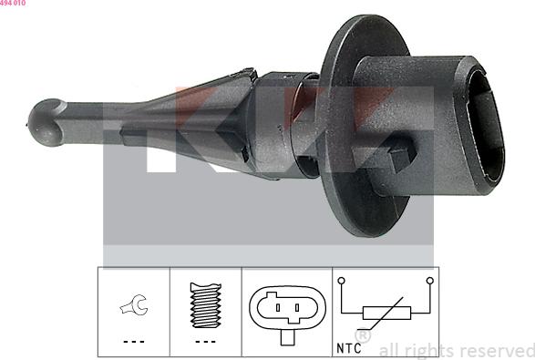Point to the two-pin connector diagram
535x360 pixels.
point(285,311)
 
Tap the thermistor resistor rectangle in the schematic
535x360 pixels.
point(385,313)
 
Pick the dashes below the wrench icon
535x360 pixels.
point(133,342)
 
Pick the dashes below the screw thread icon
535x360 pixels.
point(205,342)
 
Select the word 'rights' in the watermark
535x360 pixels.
point(427,350)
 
